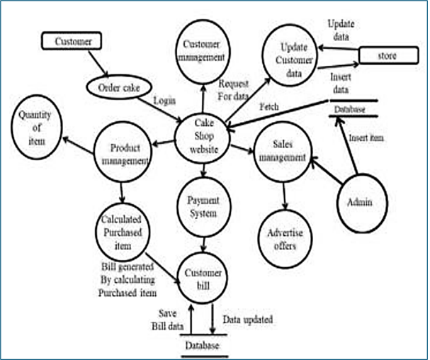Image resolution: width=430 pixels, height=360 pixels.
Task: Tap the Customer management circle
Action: [x=204, y=50]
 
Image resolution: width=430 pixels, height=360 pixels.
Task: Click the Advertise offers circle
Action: [x=284, y=240]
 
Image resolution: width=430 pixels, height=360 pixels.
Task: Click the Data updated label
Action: [x=248, y=320]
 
